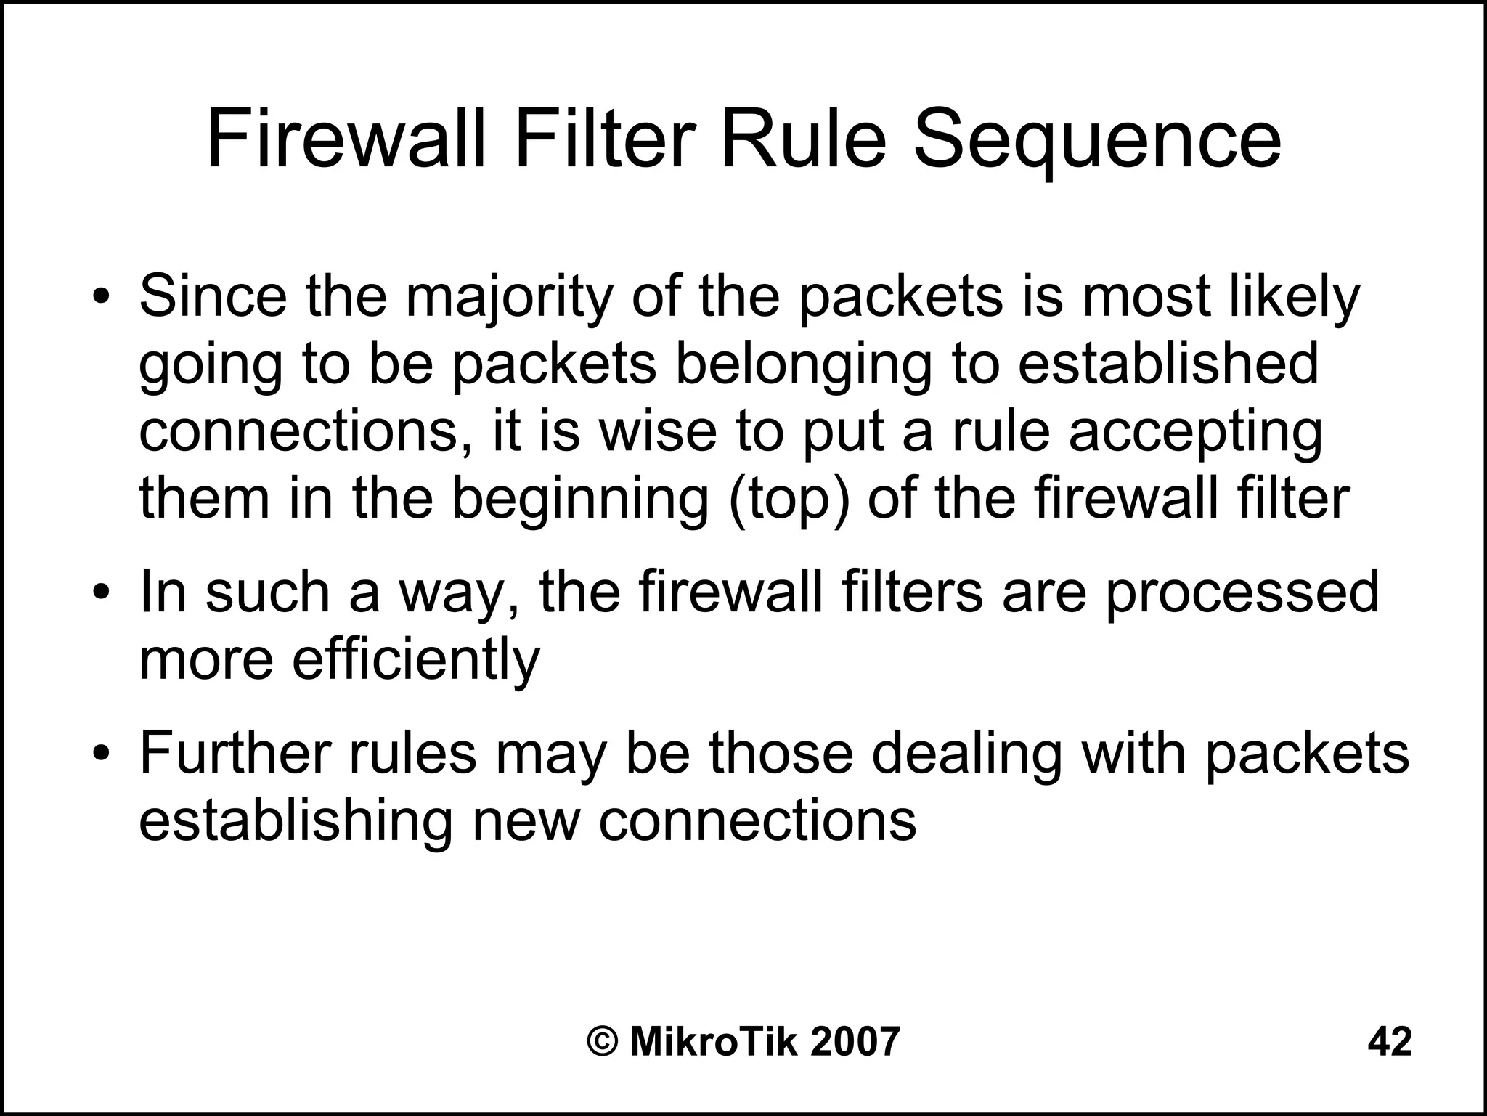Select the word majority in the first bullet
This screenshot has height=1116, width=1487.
(x=509, y=298)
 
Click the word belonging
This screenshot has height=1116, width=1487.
(x=803, y=365)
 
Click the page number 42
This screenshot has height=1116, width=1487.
(x=1390, y=1042)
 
